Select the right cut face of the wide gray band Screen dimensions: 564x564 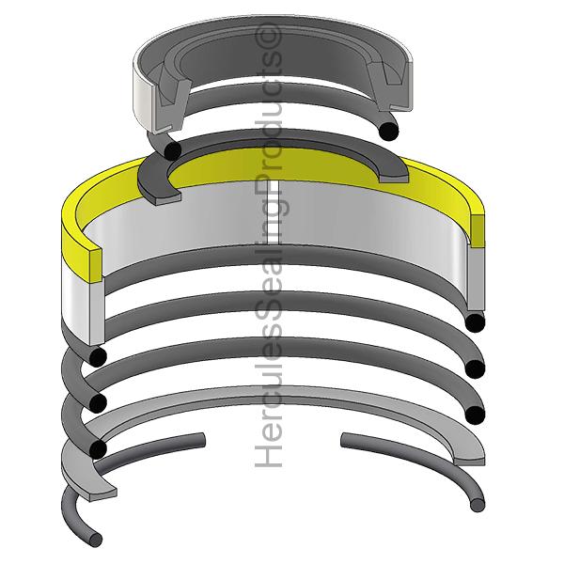coord(478,282)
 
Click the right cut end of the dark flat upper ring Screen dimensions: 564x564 coord(395,172)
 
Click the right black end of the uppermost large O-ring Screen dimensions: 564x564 coord(476,322)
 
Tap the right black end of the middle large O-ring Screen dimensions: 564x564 coord(476,368)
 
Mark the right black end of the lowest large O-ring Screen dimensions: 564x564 coord(476,415)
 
